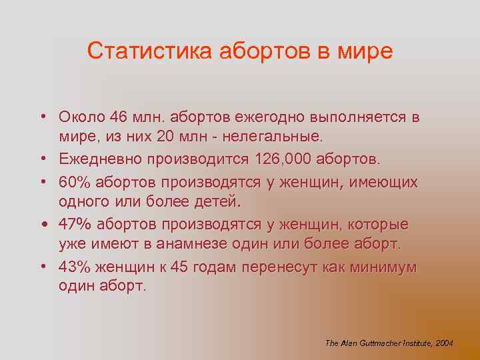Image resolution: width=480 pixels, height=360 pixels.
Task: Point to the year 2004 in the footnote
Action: click(x=444, y=343)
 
